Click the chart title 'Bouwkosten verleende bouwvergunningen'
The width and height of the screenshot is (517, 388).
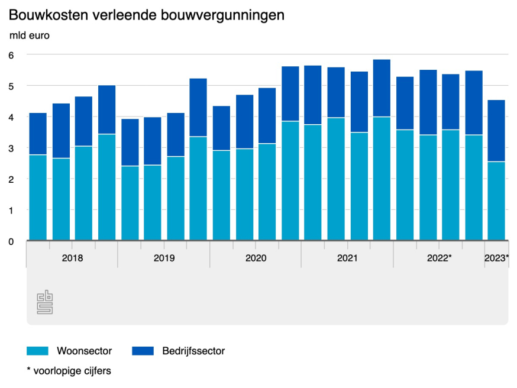tap(147, 15)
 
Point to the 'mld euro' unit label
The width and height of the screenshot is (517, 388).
tap(30, 35)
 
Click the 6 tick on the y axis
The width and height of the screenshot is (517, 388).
tap(11, 54)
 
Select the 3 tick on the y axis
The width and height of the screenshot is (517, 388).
tap(11, 148)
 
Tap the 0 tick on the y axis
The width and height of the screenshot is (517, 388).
tap(11, 241)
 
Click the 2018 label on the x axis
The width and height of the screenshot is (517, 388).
tap(72, 258)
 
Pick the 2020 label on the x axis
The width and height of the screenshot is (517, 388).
tap(256, 258)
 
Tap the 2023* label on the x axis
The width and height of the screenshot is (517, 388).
tap(496, 258)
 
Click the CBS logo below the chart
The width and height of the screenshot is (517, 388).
tap(45, 302)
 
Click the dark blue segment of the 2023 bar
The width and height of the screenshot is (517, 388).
tap(496, 131)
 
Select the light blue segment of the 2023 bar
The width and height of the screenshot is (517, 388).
tap(496, 201)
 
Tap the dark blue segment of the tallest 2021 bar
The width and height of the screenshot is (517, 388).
tap(382, 88)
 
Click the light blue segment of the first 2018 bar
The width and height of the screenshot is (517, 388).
tap(38, 198)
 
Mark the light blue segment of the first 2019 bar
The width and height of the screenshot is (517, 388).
tap(130, 203)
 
